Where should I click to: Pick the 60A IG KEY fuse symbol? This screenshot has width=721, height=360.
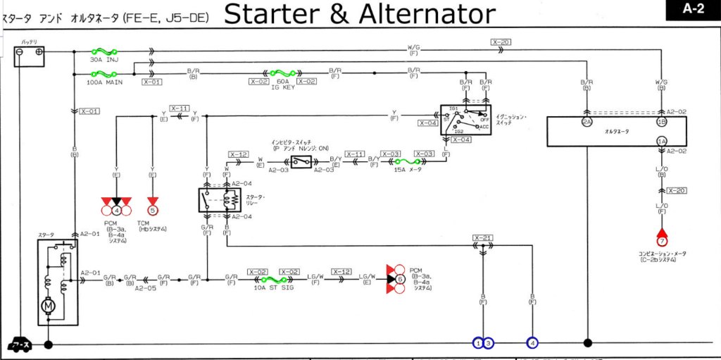click(282, 73)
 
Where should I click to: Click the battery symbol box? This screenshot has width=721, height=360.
click(30, 56)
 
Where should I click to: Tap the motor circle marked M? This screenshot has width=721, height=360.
click(48, 306)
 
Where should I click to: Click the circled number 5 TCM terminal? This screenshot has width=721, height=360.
click(153, 209)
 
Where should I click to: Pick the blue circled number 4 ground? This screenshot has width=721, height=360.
click(533, 343)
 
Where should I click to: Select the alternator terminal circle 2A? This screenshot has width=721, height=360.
click(587, 122)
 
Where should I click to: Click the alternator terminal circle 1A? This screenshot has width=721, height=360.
click(662, 141)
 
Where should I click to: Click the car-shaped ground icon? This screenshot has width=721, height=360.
click(18, 345)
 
